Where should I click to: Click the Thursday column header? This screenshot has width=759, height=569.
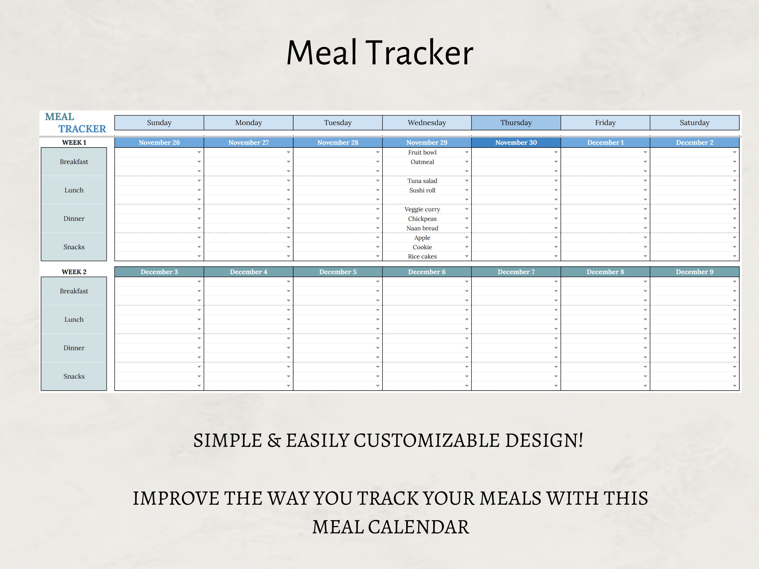(516, 123)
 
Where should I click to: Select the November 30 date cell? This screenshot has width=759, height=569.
(516, 142)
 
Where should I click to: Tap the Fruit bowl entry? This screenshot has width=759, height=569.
(422, 152)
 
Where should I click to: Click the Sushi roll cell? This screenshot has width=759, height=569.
(422, 190)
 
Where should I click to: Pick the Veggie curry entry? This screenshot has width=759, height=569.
(422, 209)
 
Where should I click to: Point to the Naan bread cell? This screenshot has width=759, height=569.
(422, 228)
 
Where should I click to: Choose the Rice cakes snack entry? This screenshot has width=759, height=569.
(422, 256)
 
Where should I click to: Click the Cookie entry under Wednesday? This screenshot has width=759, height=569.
(422, 247)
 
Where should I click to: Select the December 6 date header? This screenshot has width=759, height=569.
(426, 272)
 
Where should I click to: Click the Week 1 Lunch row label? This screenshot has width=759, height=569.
(74, 190)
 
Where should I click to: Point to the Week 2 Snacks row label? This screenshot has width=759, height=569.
(74, 376)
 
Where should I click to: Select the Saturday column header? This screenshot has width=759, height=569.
(694, 123)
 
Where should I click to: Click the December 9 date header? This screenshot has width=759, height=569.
(694, 272)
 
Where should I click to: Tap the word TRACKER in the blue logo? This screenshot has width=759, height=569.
(82, 129)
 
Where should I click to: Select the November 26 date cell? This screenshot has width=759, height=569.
(159, 142)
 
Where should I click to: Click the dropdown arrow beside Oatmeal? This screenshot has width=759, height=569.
(467, 162)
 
